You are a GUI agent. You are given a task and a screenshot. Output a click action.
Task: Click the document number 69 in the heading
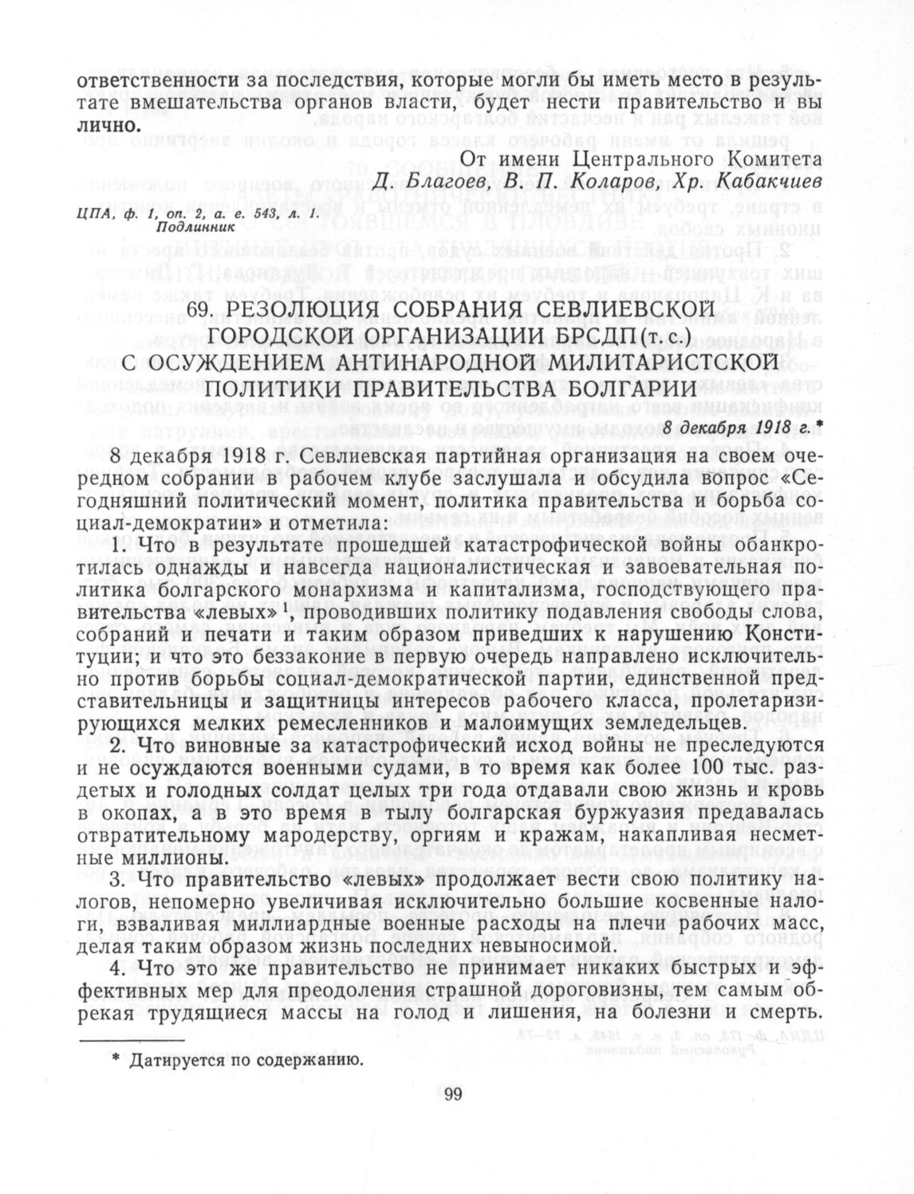[199, 309]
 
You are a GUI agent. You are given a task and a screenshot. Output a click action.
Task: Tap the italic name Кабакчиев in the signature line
[770, 182]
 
